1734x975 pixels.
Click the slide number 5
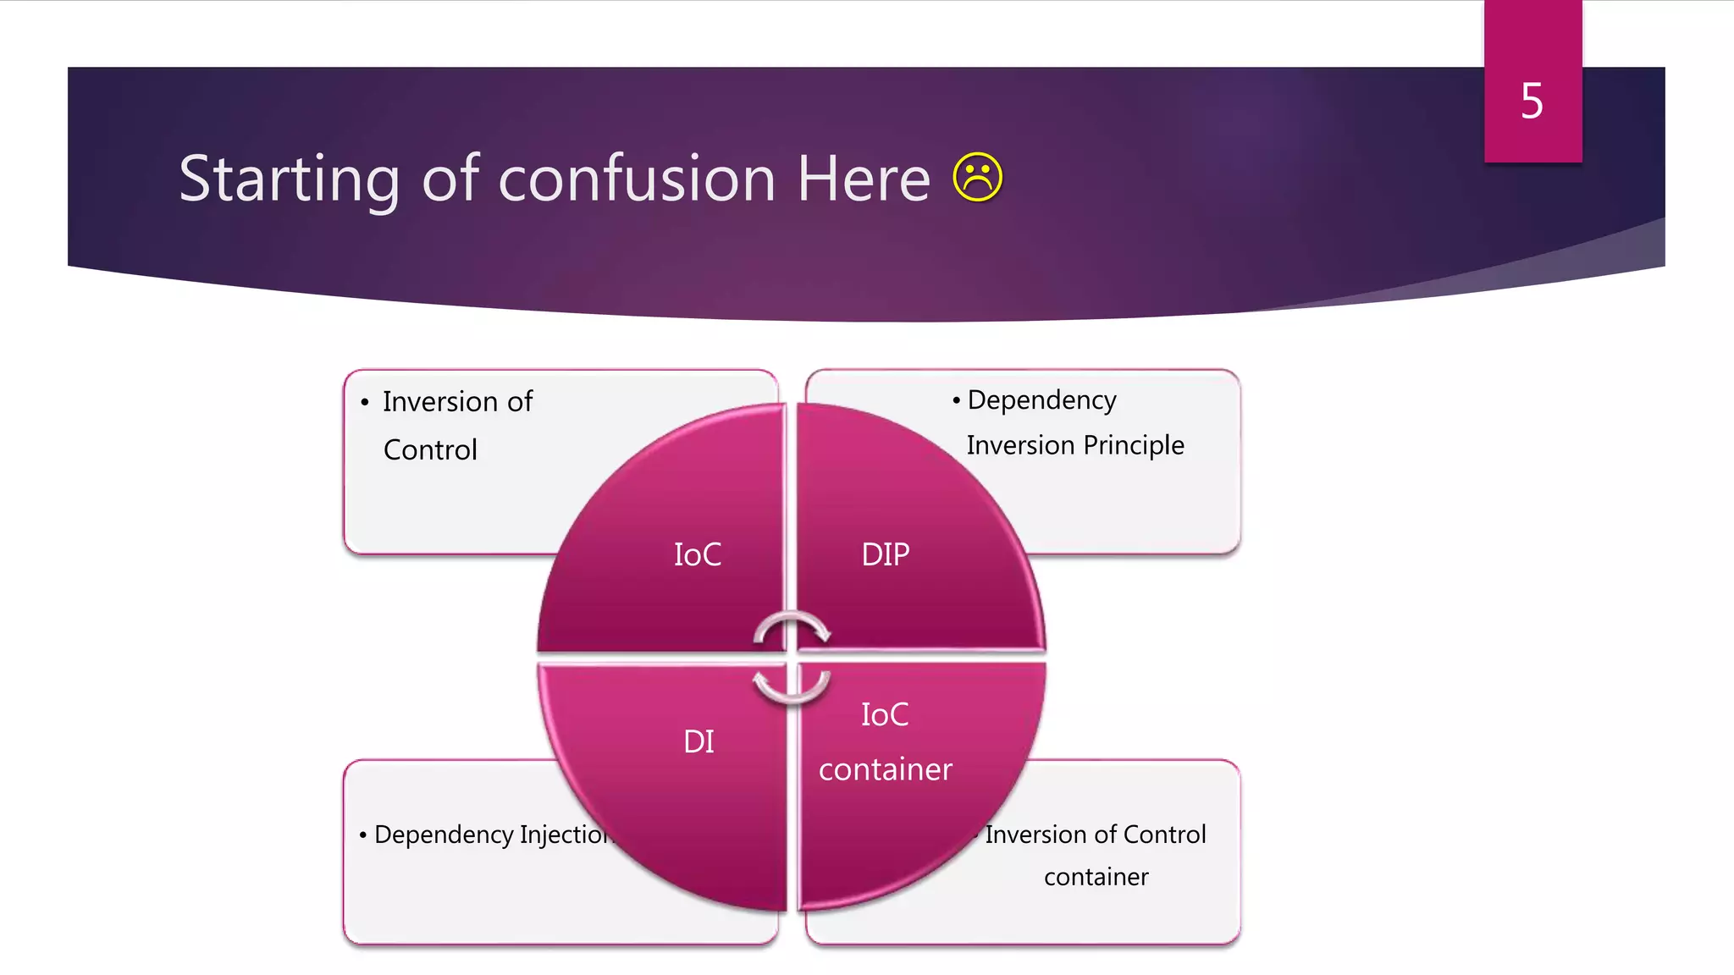pyautogui.click(x=1532, y=102)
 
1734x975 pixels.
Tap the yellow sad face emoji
pyautogui.click(x=977, y=178)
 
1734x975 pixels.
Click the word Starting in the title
pyautogui.click(x=289, y=179)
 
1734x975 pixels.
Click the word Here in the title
pyautogui.click(x=864, y=179)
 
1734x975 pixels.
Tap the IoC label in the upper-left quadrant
pyautogui.click(x=698, y=555)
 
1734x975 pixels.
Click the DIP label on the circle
pyautogui.click(x=885, y=555)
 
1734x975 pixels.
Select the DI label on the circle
pyautogui.click(x=699, y=742)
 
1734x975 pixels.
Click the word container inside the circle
pyautogui.click(x=885, y=769)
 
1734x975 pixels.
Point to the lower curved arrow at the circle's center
pyautogui.click(x=792, y=687)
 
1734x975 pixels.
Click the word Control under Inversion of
pyautogui.click(x=430, y=450)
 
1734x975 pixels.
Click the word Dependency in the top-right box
pyautogui.click(x=1041, y=399)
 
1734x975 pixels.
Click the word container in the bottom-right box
pyautogui.click(x=1096, y=877)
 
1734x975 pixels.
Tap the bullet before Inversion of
pyautogui.click(x=365, y=403)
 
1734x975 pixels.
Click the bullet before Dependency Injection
pyautogui.click(x=362, y=836)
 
